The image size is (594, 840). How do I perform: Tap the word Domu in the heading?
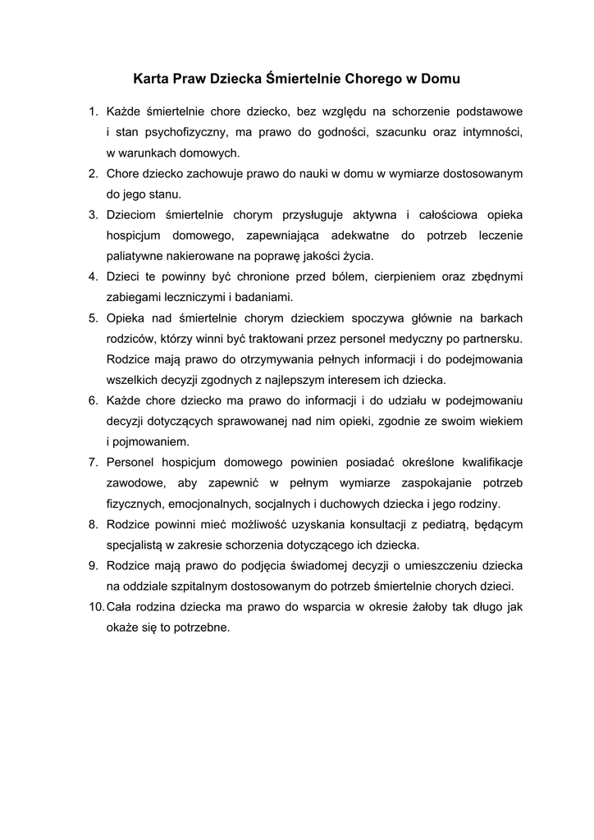(x=440, y=80)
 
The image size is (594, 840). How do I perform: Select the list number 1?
(x=93, y=110)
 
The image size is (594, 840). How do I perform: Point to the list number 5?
(x=93, y=317)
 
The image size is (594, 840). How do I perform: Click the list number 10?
(x=94, y=608)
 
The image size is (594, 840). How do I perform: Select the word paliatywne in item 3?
(x=135, y=256)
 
